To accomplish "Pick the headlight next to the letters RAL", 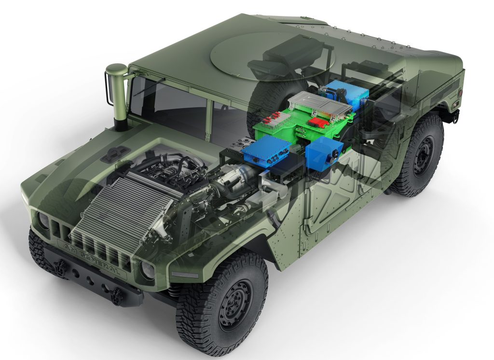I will click(x=147, y=270).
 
